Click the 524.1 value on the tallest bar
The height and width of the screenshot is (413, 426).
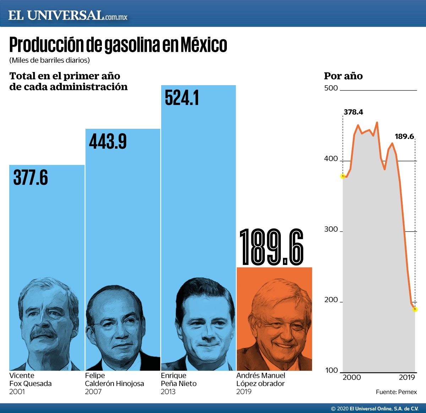[182, 98]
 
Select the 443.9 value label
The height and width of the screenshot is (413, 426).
[108, 142]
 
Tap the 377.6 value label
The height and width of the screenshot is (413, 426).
[31, 178]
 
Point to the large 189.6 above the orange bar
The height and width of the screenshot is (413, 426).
[272, 247]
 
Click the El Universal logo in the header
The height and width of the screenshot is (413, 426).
[67, 16]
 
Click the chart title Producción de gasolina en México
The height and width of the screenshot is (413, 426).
[118, 45]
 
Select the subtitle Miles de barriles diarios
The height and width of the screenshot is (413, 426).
[49, 60]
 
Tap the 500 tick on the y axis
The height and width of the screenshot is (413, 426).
[331, 88]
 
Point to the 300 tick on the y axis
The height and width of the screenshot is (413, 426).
[331, 229]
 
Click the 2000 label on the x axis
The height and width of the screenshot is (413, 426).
[351, 377]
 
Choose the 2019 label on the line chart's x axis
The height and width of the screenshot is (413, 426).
[407, 377]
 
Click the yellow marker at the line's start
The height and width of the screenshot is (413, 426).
[343, 176]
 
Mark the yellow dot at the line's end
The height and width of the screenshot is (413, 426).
[415, 309]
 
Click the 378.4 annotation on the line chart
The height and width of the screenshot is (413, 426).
[353, 112]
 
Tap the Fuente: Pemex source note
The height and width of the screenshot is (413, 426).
[396, 392]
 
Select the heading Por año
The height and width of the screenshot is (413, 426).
[343, 76]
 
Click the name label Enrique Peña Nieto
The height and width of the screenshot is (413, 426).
[179, 379]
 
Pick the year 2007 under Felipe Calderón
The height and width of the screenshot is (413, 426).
[93, 392]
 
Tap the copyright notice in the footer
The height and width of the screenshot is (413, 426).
[375, 409]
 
